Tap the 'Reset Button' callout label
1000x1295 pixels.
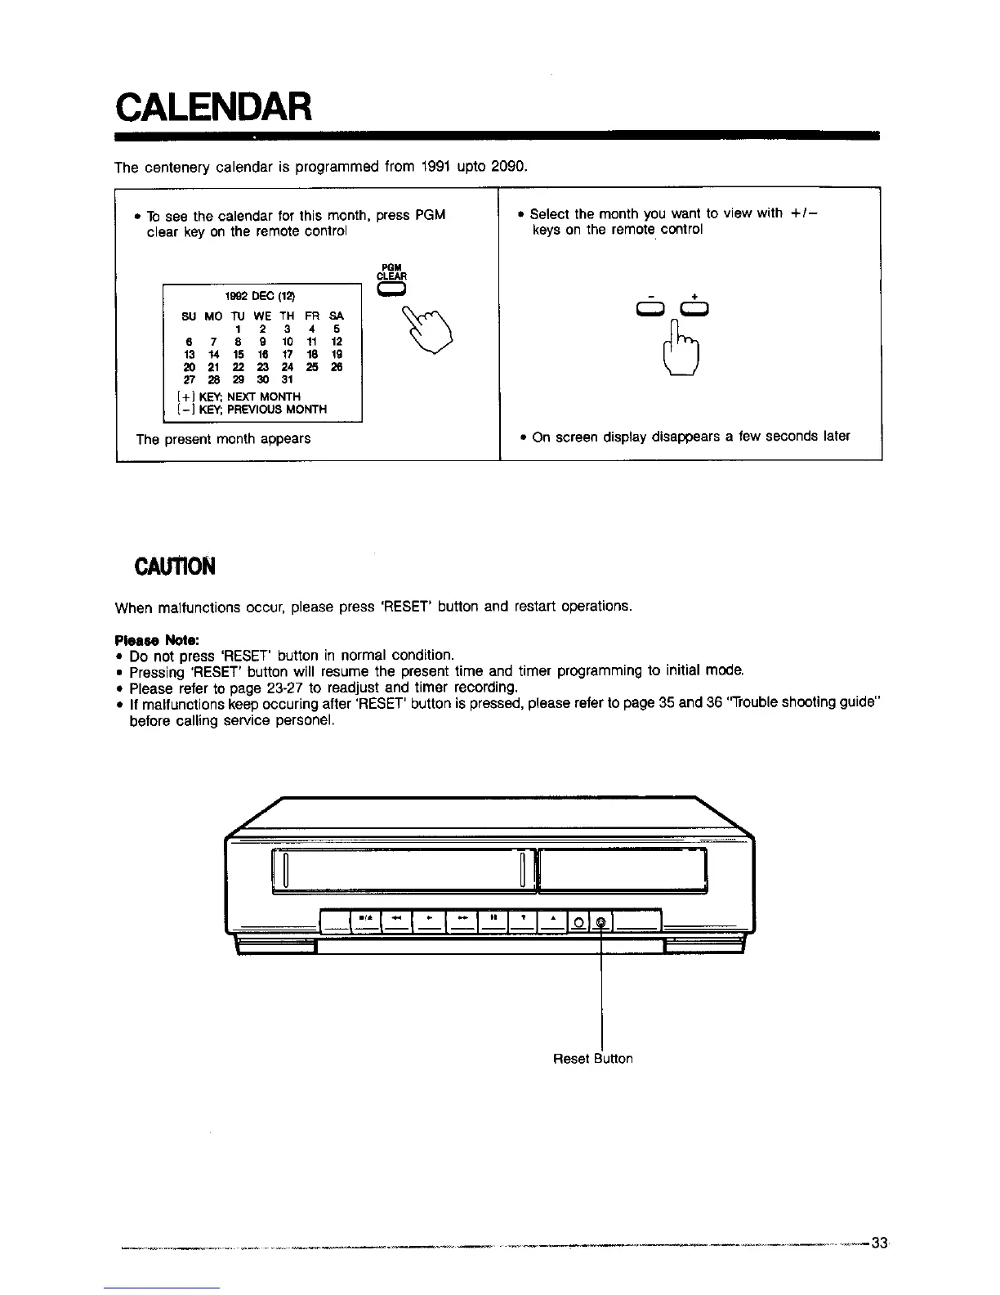(x=592, y=1059)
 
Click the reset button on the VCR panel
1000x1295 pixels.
(x=600, y=923)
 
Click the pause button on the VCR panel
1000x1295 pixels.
(x=494, y=918)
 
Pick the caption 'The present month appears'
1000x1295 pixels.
(x=223, y=439)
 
